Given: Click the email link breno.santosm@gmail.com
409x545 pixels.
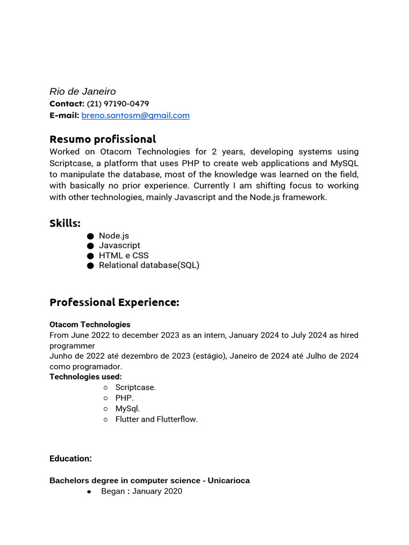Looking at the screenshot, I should [x=135, y=115].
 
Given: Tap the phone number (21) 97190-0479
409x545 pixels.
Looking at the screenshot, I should [x=118, y=104].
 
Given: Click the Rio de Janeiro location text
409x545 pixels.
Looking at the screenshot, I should [x=83, y=92].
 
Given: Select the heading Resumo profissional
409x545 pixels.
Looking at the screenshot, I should [x=103, y=139].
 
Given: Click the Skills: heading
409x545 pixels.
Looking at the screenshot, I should [x=65, y=224].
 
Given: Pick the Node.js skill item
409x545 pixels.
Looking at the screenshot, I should [x=114, y=236].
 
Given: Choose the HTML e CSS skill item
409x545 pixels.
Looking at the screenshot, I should [x=124, y=255].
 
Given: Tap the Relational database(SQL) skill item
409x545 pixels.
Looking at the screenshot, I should [x=149, y=265].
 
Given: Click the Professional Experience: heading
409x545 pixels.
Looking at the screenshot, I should [x=114, y=302].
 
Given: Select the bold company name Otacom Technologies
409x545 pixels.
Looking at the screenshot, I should [x=90, y=325].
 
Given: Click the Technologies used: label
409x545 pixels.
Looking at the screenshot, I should [x=86, y=377].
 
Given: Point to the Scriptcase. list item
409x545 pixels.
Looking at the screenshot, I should [x=136, y=387].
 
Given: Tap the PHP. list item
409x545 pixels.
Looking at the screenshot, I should [x=125, y=398].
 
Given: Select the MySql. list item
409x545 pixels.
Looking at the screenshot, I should [x=128, y=409].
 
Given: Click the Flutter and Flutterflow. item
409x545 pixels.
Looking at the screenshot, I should [x=157, y=419].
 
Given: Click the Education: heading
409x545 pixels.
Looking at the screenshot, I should [x=71, y=458].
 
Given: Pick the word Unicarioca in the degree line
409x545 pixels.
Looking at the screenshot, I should [x=228, y=481].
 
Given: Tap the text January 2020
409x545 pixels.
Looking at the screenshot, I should [x=157, y=491].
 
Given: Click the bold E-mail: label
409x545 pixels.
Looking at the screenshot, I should [x=64, y=115].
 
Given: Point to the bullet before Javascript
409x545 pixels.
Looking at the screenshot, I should [x=90, y=246].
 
